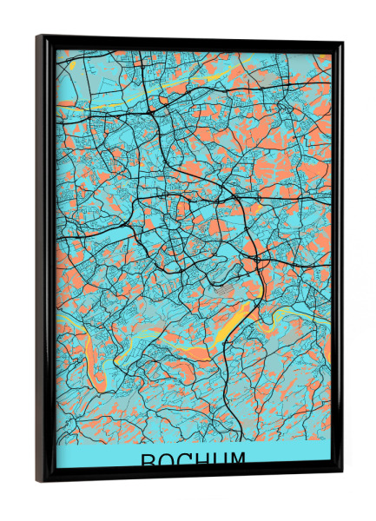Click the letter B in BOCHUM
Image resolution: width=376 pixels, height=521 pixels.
(x=148, y=461)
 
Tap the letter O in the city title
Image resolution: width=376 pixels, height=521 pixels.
(x=167, y=461)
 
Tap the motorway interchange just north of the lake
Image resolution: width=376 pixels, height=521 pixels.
(x=256, y=260)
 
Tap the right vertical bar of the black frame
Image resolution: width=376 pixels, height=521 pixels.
(x=336, y=260)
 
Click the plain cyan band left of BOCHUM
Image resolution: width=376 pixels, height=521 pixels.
(x=96, y=458)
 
